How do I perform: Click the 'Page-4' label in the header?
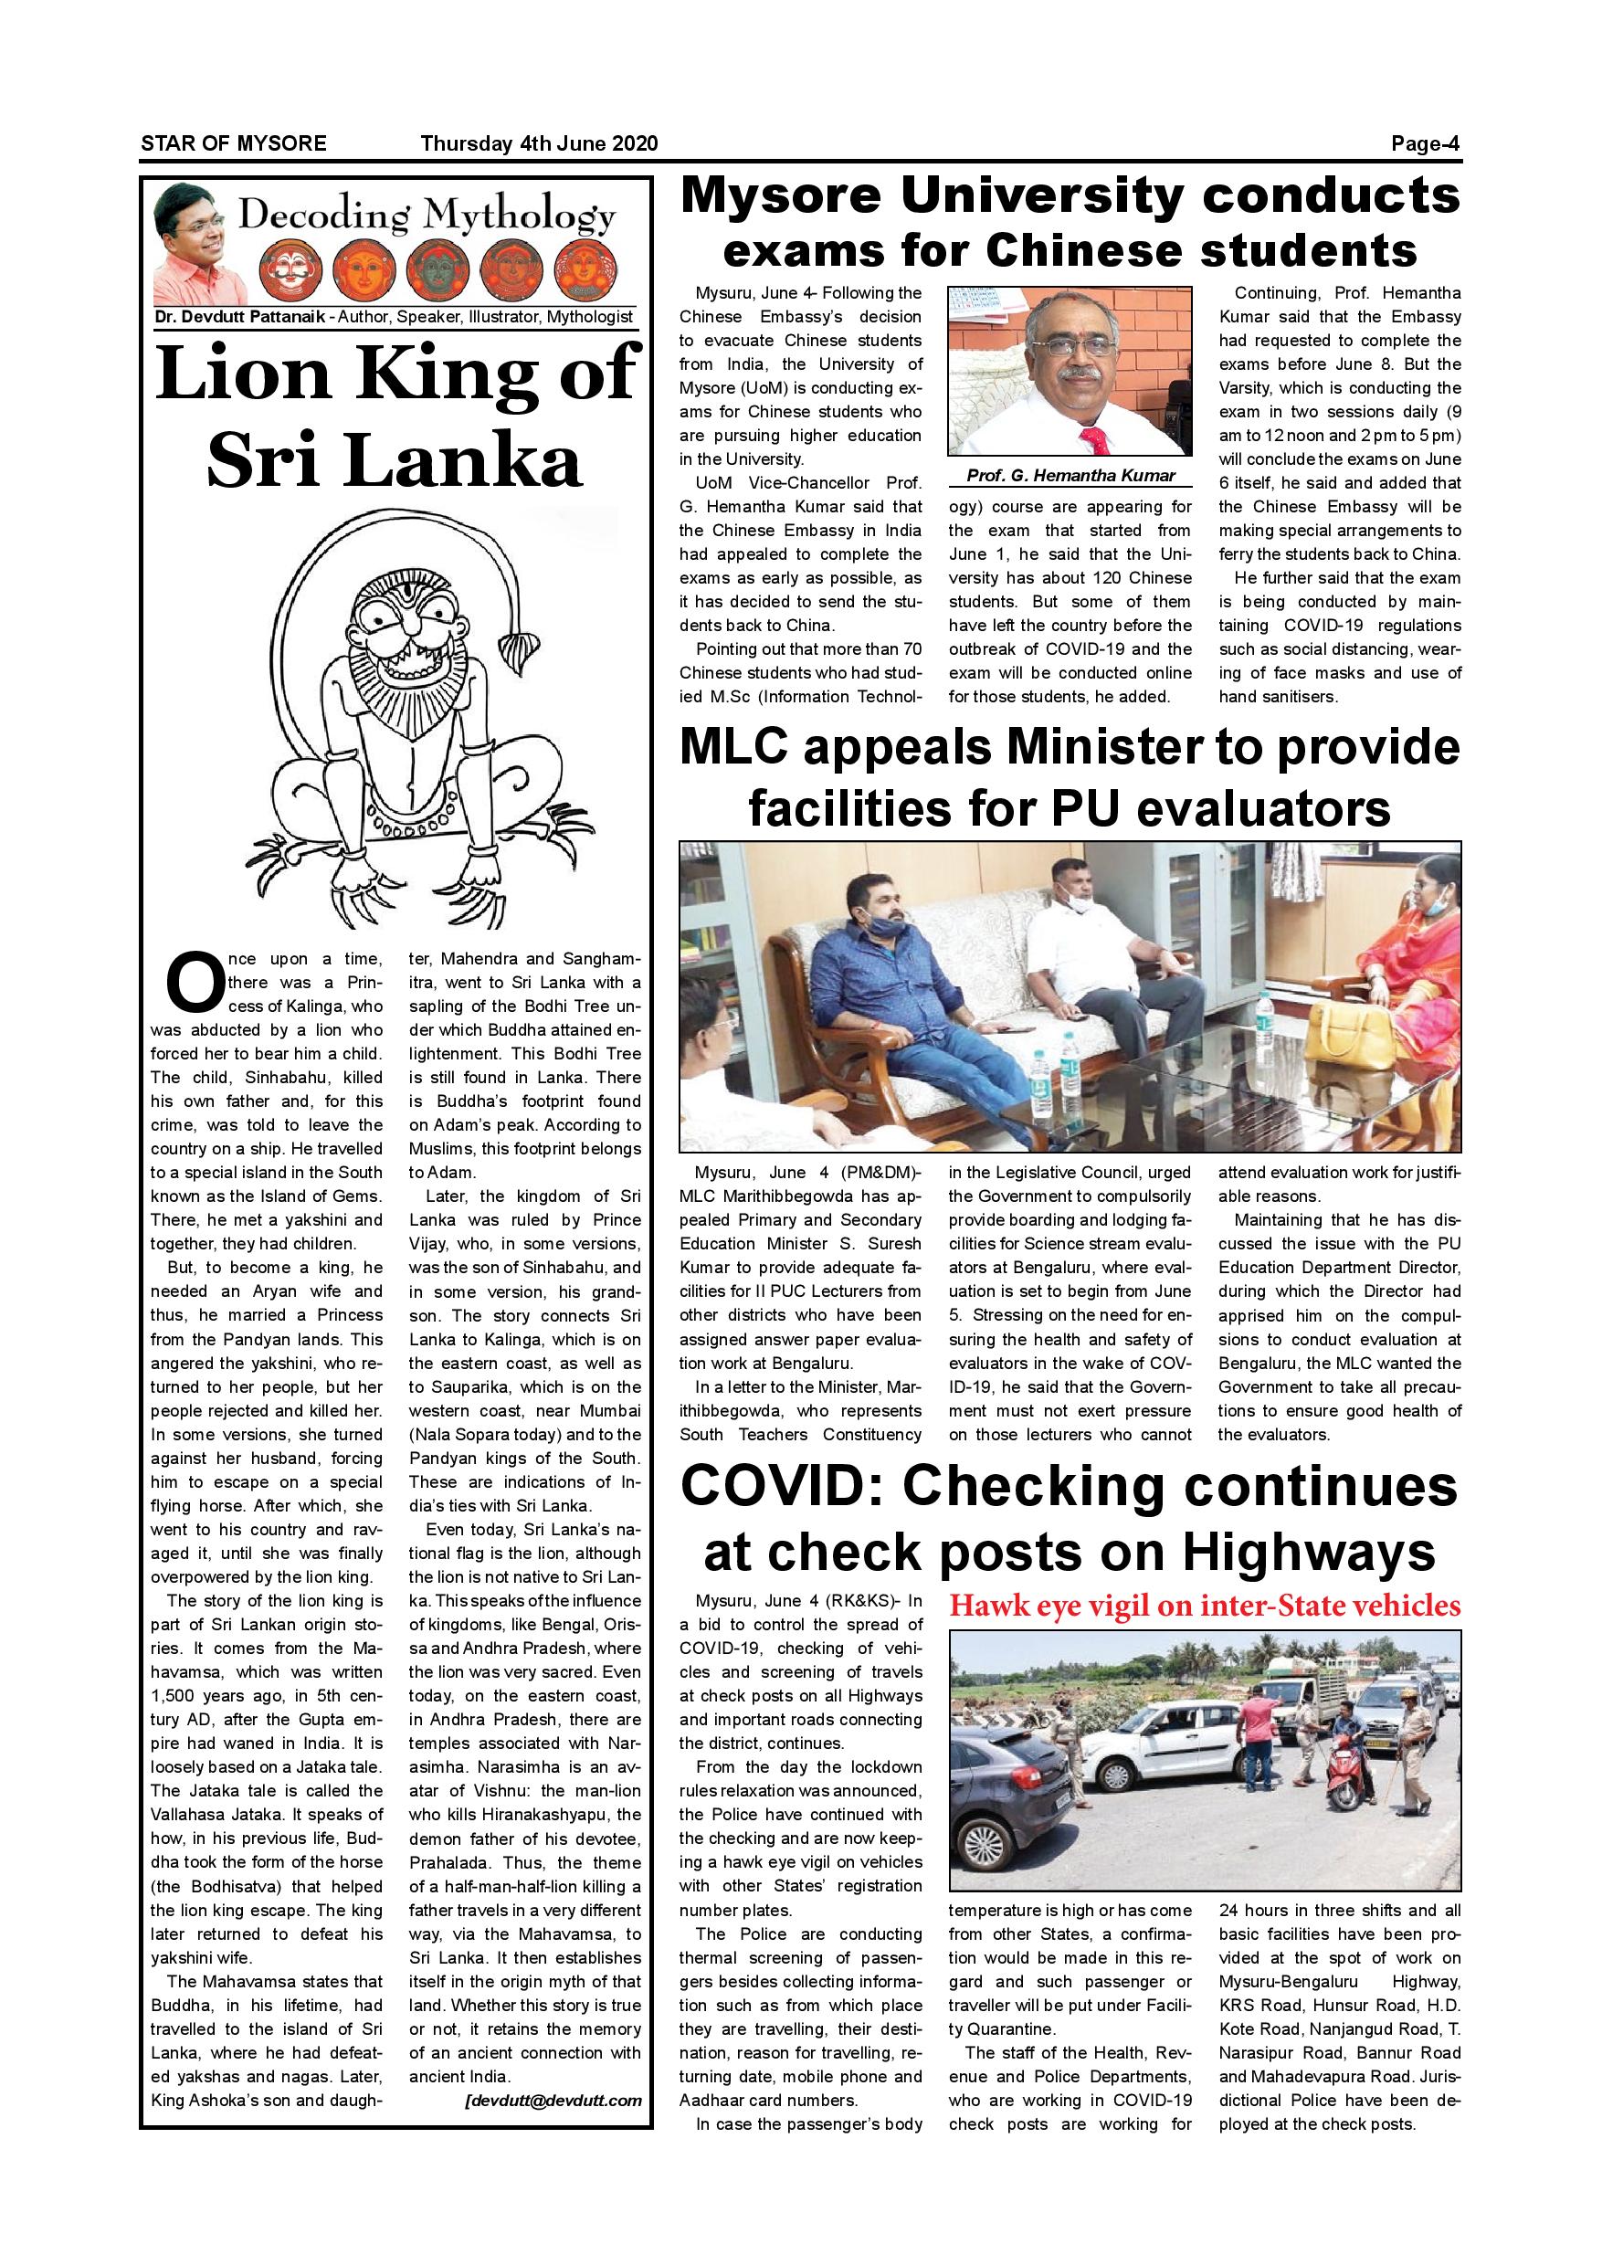tap(1426, 144)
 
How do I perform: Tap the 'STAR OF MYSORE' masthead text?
tap(234, 144)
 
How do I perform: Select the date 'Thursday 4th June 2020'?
tap(539, 144)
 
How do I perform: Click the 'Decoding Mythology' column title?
tap(427, 215)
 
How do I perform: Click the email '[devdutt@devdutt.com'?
tap(553, 2101)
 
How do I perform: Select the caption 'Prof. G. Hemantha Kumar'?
tap(1070, 476)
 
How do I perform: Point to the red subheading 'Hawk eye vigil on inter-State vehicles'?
tap(1204, 1605)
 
